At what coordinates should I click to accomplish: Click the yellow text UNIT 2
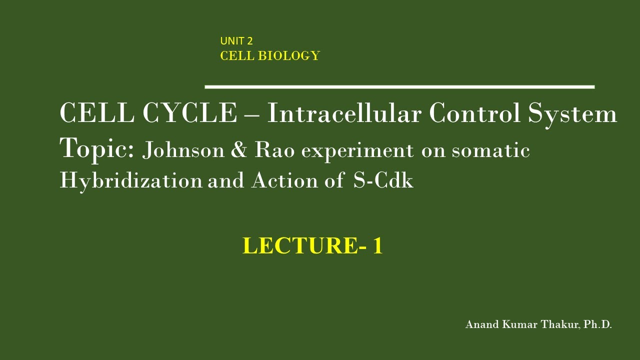pyautogui.click(x=236, y=41)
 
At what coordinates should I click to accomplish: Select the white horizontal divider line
pyautogui.click(x=399, y=87)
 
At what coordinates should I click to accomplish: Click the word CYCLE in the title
pyautogui.click(x=189, y=113)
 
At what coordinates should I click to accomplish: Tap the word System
pyautogui.click(x=572, y=113)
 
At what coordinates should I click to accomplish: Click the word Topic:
pyautogui.click(x=96, y=149)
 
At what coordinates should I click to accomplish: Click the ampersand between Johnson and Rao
pyautogui.click(x=239, y=150)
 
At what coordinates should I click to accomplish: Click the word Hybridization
pyautogui.click(x=131, y=180)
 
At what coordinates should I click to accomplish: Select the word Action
pyautogui.click(x=284, y=180)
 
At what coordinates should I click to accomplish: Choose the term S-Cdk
pyautogui.click(x=383, y=180)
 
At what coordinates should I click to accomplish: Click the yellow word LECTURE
pyautogui.click(x=300, y=246)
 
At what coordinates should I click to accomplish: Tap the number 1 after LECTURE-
pyautogui.click(x=377, y=246)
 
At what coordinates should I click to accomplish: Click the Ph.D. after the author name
pyautogui.click(x=597, y=324)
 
